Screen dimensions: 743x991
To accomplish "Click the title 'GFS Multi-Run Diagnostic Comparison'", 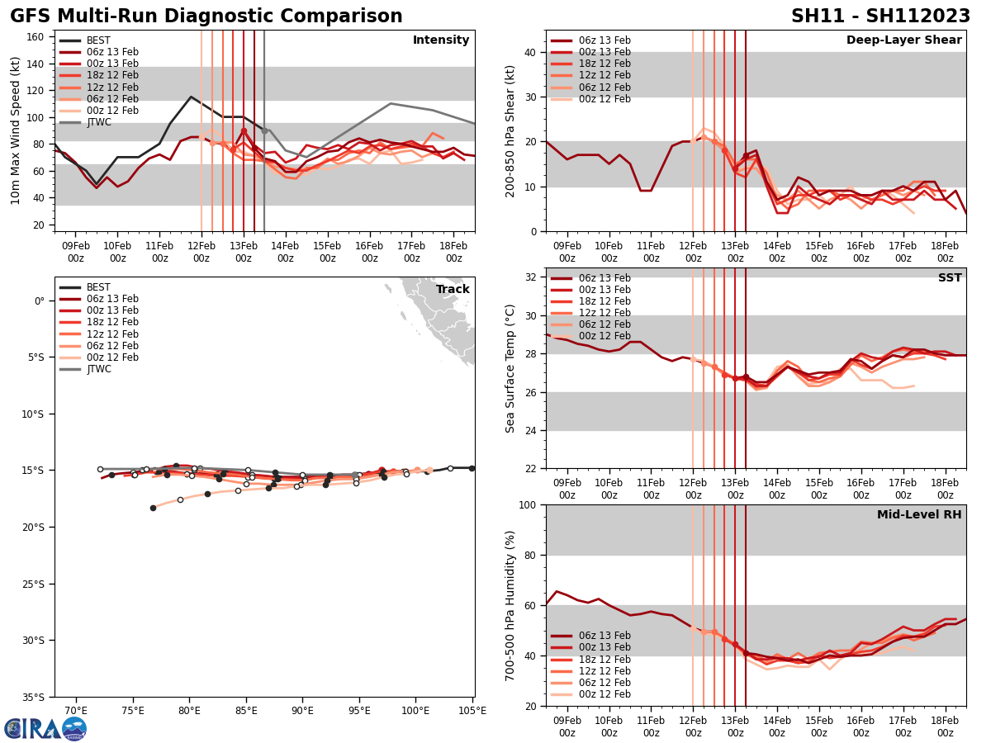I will [206, 17].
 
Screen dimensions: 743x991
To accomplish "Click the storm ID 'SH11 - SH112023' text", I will [880, 17].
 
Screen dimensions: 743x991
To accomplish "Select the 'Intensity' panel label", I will [441, 40].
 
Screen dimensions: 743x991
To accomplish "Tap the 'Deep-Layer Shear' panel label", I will [903, 40].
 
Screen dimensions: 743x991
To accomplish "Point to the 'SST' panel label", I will [950, 278].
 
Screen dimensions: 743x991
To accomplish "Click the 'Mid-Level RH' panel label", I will [919, 515].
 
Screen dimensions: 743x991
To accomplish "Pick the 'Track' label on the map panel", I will [453, 290].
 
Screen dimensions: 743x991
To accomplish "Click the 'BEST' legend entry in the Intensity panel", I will [98, 40].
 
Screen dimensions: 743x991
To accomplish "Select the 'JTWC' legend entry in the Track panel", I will [98, 369].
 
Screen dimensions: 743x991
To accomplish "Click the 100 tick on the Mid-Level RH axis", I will [529, 504].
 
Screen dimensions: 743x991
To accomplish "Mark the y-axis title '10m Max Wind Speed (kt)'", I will [16, 130].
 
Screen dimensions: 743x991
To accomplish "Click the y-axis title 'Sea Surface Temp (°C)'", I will [510, 368].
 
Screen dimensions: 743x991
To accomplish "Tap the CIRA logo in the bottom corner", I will [45, 728].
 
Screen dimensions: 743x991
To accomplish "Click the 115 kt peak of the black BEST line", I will [191, 97].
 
